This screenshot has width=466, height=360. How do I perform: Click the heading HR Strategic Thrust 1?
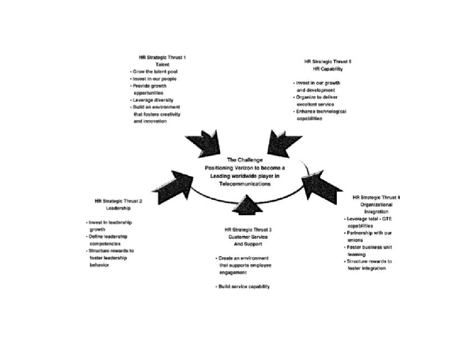pyautogui.click(x=162, y=57)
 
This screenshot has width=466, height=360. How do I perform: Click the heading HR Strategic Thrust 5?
pyautogui.click(x=328, y=61)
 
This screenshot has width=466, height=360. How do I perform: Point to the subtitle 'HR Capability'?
pyautogui.click(x=328, y=69)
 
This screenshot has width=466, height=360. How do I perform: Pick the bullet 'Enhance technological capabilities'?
pyautogui.click(x=320, y=115)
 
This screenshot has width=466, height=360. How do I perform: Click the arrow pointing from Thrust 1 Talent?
pyautogui.click(x=204, y=142)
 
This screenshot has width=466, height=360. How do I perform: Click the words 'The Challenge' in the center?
pyautogui.click(x=245, y=160)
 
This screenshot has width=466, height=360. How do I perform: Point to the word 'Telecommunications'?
pyautogui.click(x=245, y=184)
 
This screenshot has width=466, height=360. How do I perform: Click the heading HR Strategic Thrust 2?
pyautogui.click(x=118, y=201)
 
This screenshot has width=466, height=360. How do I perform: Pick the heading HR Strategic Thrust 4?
pyautogui.click(x=376, y=197)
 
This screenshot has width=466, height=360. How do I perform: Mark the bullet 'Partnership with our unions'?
pyautogui.click(x=369, y=237)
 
